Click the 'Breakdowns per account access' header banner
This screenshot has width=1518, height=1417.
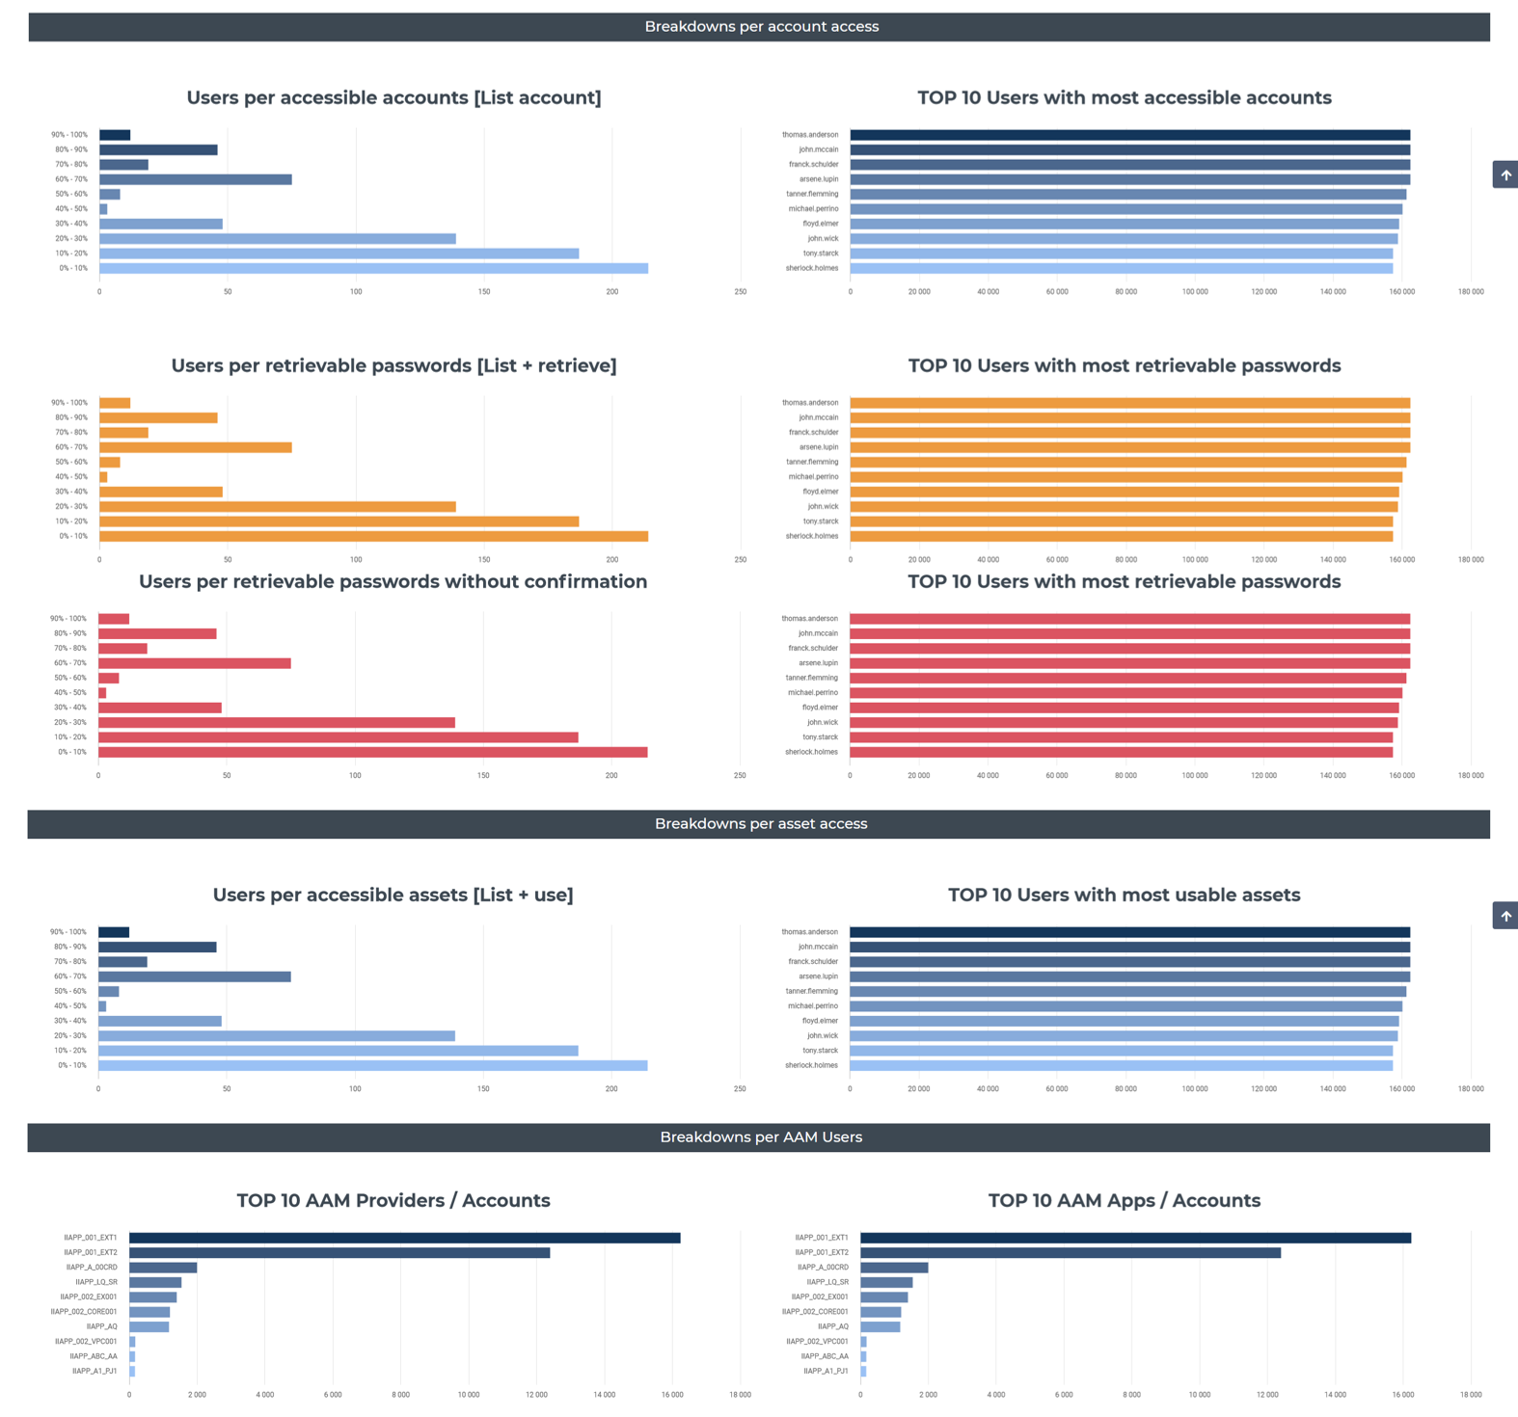[761, 27]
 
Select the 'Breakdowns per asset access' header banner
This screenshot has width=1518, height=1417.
[760, 824]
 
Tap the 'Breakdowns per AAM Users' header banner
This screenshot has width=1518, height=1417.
[760, 1137]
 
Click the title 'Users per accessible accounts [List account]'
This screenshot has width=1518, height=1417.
[393, 97]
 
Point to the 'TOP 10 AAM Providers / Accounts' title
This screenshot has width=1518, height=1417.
[393, 1200]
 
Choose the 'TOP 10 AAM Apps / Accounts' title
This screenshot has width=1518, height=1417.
[1124, 1200]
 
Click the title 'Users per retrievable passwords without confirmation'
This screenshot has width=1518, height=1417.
[393, 581]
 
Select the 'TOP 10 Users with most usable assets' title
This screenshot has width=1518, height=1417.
[1124, 895]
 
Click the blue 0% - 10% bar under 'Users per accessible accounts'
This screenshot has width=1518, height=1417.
[373, 268]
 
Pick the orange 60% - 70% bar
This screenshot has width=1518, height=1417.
[195, 447]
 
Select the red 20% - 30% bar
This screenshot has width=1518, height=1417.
[276, 722]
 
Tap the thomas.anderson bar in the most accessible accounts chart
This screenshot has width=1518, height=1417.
[1129, 135]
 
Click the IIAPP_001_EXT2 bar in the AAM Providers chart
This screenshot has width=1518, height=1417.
[339, 1252]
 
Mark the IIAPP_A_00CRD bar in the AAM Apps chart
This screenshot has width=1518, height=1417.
[894, 1268]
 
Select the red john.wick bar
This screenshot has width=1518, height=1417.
[1123, 722]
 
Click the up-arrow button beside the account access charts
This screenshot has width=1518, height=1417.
[1504, 174]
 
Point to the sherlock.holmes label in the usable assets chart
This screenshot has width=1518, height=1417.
[811, 1065]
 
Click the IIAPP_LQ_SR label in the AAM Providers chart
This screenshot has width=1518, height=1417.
[96, 1282]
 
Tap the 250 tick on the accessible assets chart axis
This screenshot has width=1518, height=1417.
[740, 1088]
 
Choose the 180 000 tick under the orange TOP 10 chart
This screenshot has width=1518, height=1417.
[1470, 559]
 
